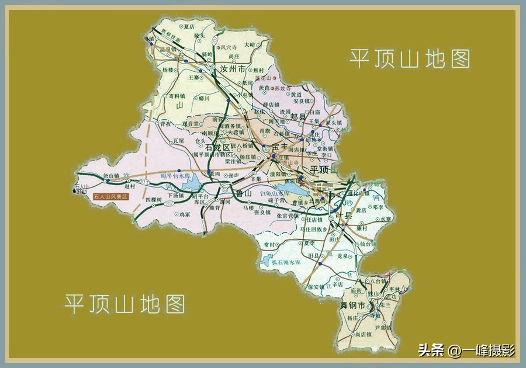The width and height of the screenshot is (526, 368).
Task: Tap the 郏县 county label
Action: coord(298,117)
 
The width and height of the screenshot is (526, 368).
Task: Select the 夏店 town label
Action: coord(188,26)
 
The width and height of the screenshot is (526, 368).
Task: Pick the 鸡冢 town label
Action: coord(185,215)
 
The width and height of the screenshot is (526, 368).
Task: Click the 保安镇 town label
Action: coord(315,286)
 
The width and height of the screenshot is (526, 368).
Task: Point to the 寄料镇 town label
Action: coord(177,96)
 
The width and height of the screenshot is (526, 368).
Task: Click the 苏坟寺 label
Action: coord(282,89)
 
